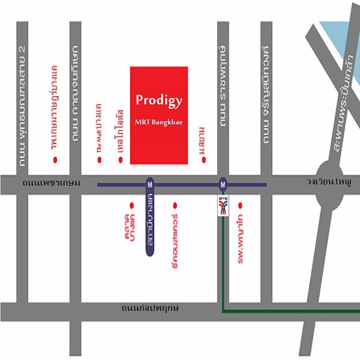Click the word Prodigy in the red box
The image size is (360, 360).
point(159,100)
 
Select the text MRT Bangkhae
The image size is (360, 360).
point(159,122)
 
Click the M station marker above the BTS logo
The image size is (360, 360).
point(223,184)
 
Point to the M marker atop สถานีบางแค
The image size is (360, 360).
point(150,184)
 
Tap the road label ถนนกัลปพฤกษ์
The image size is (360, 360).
point(150,308)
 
